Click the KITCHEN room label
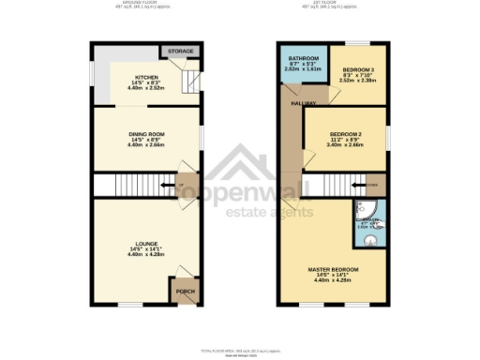[145, 77]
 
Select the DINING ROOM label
[145, 134]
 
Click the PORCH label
[185, 292]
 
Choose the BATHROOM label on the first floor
[304, 58]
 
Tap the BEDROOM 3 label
[357, 70]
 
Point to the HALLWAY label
[303, 102]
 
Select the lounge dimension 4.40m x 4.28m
[145, 255]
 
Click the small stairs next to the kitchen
[190, 82]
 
